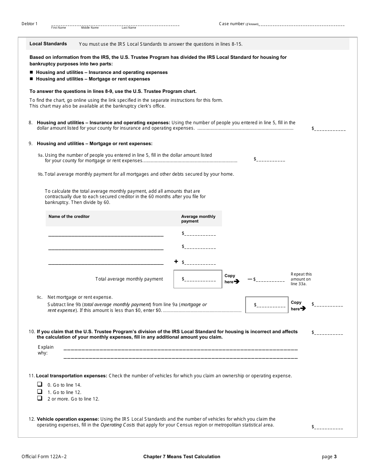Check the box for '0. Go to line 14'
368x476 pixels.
40,384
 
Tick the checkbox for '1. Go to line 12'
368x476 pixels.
40,391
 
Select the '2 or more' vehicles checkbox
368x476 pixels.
40,398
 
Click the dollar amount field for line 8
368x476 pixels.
330,129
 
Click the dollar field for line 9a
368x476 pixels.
271,159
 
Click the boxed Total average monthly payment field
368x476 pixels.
198,279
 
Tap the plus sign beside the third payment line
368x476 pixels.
176,262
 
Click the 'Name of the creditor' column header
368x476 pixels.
69,217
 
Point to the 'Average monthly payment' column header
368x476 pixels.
198,219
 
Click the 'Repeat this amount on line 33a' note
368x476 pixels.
301,279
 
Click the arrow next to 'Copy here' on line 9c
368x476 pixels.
303,308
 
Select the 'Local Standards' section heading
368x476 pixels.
48,44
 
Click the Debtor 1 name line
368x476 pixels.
115,25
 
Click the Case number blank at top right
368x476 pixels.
302,24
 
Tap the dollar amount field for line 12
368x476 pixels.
329,428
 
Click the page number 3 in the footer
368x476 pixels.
335,457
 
